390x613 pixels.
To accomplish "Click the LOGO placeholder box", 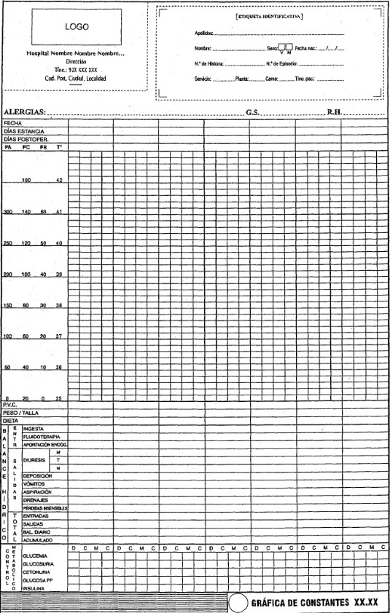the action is click(x=77, y=25).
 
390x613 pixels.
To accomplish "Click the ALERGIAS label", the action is click(x=25, y=111).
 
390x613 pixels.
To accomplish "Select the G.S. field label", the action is click(x=253, y=111).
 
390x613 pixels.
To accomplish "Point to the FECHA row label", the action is click(x=13, y=123).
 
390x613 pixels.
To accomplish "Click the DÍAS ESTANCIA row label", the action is click(x=25, y=131).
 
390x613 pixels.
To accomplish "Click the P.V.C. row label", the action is click(x=9, y=404).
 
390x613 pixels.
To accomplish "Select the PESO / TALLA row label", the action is click(x=20, y=412).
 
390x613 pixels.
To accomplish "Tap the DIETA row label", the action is click(x=10, y=420).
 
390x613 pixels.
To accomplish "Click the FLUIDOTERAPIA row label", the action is click(x=41, y=436).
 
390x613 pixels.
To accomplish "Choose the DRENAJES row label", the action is click(x=36, y=499).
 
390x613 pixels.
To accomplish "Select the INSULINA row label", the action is click(x=34, y=590).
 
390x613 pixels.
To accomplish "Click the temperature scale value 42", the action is click(x=59, y=180).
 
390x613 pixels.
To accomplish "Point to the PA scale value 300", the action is click(x=8, y=212).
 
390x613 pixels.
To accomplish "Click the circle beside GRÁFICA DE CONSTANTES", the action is click(x=238, y=604).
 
